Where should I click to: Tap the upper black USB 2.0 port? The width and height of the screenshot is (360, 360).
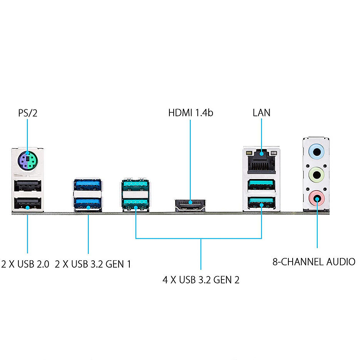(x=27, y=187)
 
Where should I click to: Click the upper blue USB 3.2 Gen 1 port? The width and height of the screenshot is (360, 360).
(x=88, y=185)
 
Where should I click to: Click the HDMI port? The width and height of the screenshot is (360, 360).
(x=190, y=204)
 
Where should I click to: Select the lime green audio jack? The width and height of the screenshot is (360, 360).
(x=317, y=175)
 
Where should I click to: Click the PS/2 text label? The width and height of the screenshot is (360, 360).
(x=28, y=113)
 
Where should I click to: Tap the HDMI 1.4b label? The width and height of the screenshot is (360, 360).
(x=191, y=113)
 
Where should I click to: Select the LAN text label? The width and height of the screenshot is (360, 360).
(x=261, y=113)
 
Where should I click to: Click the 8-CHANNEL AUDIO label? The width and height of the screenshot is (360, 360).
(x=313, y=262)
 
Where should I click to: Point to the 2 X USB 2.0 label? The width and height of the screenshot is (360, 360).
(x=25, y=265)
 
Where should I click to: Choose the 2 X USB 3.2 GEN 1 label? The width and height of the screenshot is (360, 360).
(x=93, y=265)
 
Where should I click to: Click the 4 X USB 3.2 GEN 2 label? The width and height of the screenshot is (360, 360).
(x=201, y=280)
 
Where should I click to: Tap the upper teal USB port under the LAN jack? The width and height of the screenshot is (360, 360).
(x=261, y=185)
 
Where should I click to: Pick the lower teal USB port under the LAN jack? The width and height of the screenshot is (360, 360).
(x=261, y=202)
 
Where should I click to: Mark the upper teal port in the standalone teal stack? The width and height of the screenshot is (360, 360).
(x=136, y=186)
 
